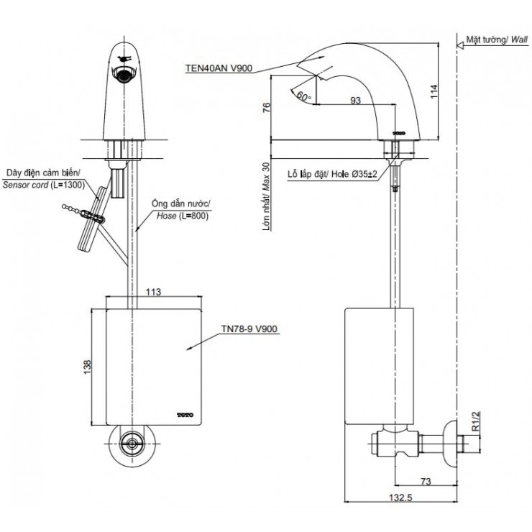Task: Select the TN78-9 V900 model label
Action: tap(250, 329)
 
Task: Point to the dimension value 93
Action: tap(354, 101)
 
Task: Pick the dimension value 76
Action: tap(266, 108)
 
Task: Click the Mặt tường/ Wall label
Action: tap(495, 41)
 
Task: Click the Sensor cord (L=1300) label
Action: tap(44, 179)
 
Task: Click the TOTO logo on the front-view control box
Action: tap(185, 414)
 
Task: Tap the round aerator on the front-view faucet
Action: tap(126, 73)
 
